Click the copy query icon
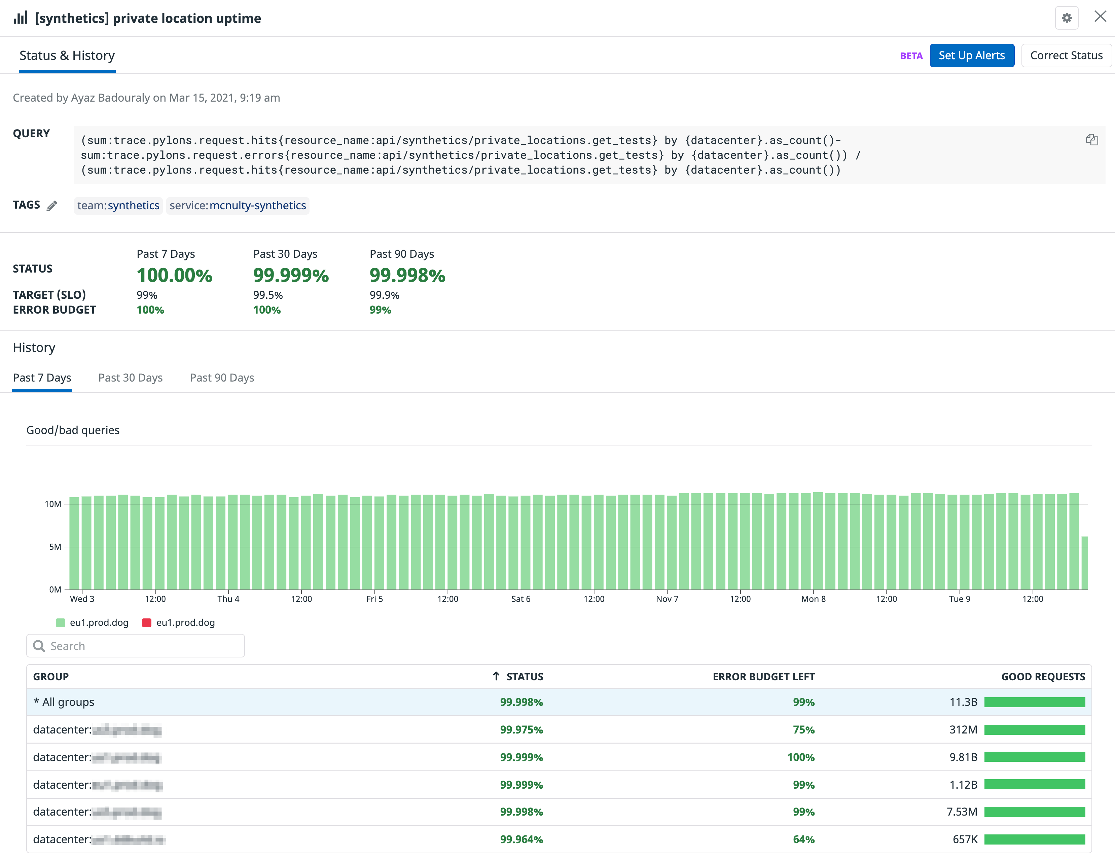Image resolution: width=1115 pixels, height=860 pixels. pos(1091,140)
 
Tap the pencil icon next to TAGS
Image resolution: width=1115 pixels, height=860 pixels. pos(51,206)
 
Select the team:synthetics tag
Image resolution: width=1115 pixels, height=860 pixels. pos(118,205)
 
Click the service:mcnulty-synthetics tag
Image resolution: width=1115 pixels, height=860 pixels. pos(238,205)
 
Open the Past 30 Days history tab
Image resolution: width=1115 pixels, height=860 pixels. pos(130,378)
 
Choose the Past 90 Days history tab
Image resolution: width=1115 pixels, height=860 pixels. pos(222,378)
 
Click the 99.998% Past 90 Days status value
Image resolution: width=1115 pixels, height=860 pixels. pos(407,275)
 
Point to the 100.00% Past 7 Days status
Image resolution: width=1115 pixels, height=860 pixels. pos(174,275)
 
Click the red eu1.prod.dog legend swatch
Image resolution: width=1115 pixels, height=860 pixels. pos(146,622)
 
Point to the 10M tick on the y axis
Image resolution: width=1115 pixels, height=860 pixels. pos(53,504)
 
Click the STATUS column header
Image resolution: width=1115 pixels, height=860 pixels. pos(524,677)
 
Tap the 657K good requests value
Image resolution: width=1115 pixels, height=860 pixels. pos(964,839)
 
